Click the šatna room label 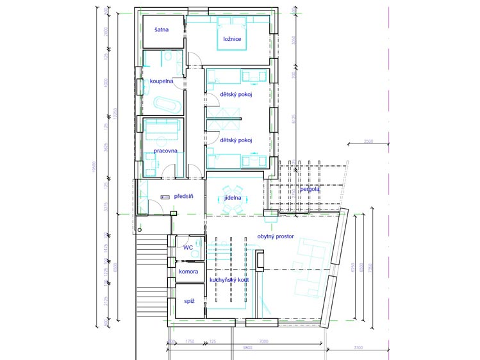tap(160, 37)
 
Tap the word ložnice tap(232, 40)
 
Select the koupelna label tap(161, 81)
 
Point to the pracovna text tap(165, 151)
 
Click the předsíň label tap(184, 197)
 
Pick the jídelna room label tap(233, 198)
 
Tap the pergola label tap(310, 190)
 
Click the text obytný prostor tap(276, 236)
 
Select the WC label tap(188, 247)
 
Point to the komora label tap(188, 272)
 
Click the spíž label tap(189, 300)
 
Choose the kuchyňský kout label tap(229, 280)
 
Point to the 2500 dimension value tap(369, 141)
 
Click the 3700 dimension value tap(358, 347)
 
